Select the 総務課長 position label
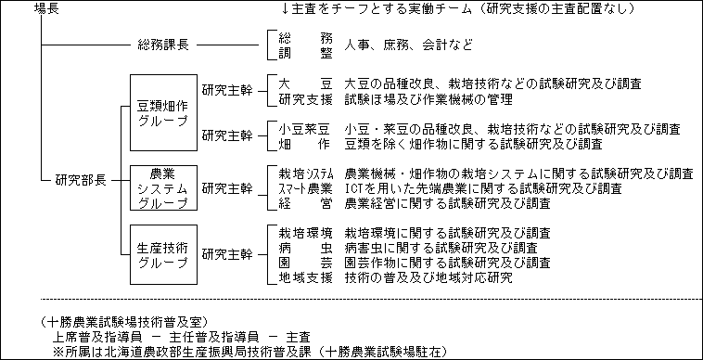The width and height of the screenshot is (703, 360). coord(164,45)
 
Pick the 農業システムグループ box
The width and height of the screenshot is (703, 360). coord(162,187)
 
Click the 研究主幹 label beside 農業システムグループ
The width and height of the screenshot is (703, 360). coord(227,188)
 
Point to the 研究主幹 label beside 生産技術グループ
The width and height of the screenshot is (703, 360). coord(227,252)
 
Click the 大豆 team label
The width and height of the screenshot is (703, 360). coord(305,84)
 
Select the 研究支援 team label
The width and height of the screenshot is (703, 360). coord(305,99)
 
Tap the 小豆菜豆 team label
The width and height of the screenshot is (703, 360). coord(305,129)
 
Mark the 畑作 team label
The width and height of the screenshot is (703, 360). coord(305,144)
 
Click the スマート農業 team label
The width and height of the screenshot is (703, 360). coord(305,188)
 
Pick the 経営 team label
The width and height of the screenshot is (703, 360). coord(305,203)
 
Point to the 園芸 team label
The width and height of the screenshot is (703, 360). coord(305,263)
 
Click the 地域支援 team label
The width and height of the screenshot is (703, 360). coord(305,277)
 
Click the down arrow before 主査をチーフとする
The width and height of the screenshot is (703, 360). coord(286,9)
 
